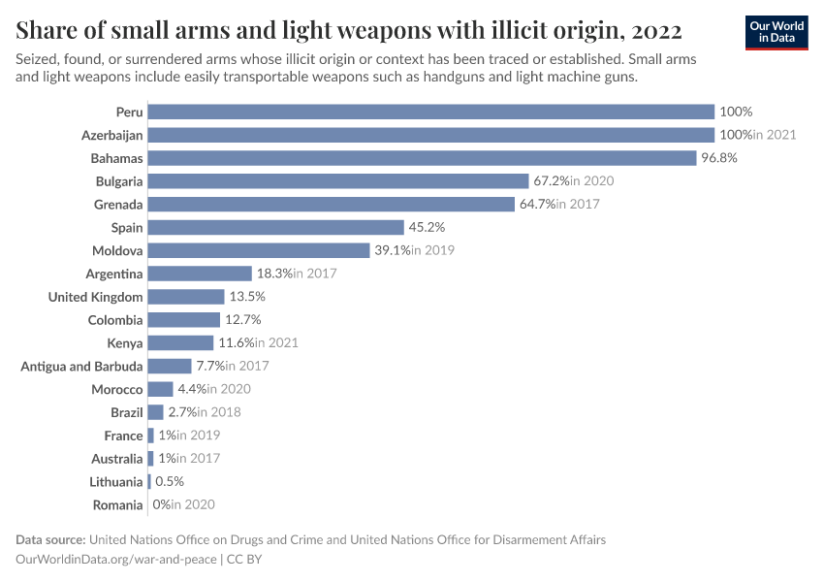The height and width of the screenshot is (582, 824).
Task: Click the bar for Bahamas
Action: click(422, 158)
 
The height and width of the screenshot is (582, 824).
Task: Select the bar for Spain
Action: click(275, 227)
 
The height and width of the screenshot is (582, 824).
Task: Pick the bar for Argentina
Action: click(199, 274)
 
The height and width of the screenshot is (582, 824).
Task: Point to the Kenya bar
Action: click(180, 342)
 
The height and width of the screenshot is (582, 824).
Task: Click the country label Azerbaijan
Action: click(112, 135)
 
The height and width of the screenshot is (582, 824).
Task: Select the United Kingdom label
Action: click(96, 297)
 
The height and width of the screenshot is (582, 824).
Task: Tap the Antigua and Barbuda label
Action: click(82, 366)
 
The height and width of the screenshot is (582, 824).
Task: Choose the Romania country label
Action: click(117, 504)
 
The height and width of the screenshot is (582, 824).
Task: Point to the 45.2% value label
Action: click(427, 227)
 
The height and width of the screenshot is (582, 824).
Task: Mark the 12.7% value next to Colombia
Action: click(243, 320)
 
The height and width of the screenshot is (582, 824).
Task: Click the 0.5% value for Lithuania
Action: click(169, 481)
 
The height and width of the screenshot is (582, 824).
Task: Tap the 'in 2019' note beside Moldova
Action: click(432, 250)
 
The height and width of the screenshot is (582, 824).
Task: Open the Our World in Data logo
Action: click(776, 32)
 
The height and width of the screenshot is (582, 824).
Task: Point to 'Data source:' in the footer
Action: click(50, 539)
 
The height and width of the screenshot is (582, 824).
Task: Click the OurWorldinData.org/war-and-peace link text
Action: click(117, 559)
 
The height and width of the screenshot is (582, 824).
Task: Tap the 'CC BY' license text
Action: click(245, 559)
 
